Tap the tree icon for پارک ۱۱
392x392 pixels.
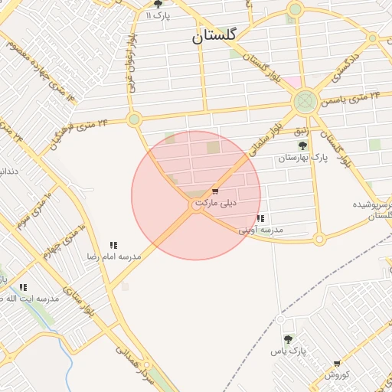point(158,4)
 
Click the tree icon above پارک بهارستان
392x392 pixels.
point(302,145)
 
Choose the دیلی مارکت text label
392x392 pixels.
point(216,204)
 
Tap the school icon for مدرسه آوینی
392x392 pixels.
point(260,218)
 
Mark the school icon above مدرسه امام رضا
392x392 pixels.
point(113,245)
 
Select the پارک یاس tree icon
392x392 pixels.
point(288,339)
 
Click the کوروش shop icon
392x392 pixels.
point(336,364)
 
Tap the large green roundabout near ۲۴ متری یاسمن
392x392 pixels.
point(305,101)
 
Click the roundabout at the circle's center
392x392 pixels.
point(197,206)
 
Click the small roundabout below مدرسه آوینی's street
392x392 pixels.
point(319,239)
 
